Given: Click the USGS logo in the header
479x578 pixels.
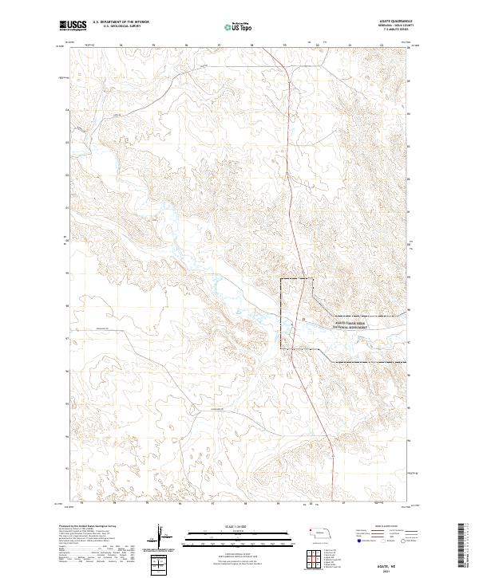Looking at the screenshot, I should (x=73, y=26).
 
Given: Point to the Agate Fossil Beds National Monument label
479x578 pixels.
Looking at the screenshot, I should (x=350, y=323).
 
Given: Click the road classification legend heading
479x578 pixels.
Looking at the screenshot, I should (x=375, y=526).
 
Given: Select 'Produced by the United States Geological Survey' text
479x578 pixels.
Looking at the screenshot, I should (x=89, y=526).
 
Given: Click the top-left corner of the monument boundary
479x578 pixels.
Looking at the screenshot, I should (x=280, y=279).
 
